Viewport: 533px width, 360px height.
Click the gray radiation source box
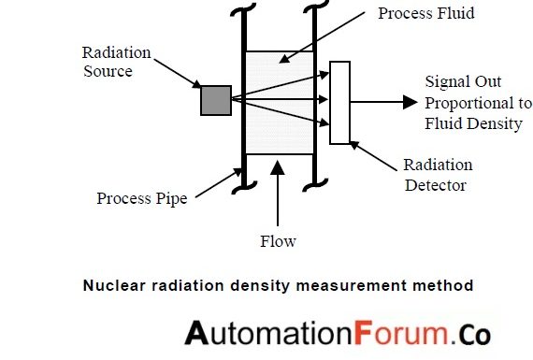(x=216, y=100)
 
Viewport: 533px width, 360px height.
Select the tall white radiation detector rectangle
(x=339, y=102)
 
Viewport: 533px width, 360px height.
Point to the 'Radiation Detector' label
(x=438, y=175)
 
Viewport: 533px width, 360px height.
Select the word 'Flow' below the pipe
(x=278, y=241)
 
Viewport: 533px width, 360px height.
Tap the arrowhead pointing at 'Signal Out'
(x=410, y=102)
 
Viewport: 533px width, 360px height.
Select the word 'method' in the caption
(x=445, y=284)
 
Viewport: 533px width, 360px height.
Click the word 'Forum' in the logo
(x=396, y=332)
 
